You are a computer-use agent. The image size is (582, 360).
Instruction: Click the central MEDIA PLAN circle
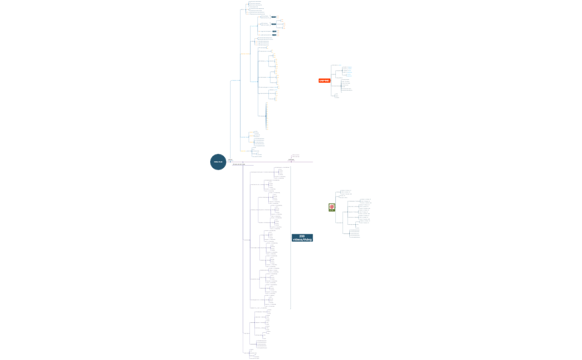click(218, 162)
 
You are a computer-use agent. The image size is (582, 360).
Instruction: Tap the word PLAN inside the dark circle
click(220, 162)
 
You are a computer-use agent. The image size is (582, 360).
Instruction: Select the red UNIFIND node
click(324, 81)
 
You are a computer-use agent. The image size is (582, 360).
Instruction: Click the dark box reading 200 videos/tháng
click(302, 238)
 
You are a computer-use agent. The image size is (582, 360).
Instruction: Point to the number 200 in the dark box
click(302, 236)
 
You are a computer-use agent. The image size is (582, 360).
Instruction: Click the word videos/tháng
click(302, 240)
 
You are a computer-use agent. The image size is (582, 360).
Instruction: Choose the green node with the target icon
click(331, 207)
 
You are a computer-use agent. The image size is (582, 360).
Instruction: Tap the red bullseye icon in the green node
click(331, 206)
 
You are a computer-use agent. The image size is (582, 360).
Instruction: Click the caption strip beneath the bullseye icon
click(331, 210)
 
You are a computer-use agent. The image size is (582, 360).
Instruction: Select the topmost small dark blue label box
click(274, 17)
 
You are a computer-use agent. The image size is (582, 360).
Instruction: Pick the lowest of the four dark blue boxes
click(274, 35)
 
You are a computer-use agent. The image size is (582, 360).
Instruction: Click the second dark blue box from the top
click(273, 24)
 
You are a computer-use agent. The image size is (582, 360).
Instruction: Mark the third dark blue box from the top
click(274, 31)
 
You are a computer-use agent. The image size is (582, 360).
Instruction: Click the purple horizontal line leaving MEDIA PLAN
click(266, 162)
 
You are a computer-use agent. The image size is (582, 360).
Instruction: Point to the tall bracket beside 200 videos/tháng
click(290, 238)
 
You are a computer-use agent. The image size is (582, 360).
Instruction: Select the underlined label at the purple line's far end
click(291, 160)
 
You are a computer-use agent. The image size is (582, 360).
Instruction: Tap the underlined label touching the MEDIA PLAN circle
click(230, 160)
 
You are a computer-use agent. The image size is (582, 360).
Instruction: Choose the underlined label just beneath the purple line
click(239, 164)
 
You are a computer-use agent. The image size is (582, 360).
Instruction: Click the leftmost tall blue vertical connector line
click(230, 119)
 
